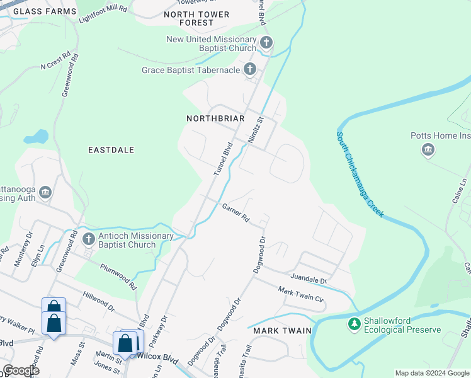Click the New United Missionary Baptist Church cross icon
[x=266, y=43]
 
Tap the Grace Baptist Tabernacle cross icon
[x=250, y=69]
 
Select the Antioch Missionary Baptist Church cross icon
[x=88, y=239]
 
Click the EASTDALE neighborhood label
[x=111, y=150]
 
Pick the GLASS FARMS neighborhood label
[x=44, y=11]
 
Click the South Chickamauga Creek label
[x=360, y=175]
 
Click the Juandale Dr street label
[x=309, y=279]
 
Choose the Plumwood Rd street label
[x=118, y=276]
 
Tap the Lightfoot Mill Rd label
[x=102, y=12]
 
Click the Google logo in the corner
[x=21, y=370]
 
